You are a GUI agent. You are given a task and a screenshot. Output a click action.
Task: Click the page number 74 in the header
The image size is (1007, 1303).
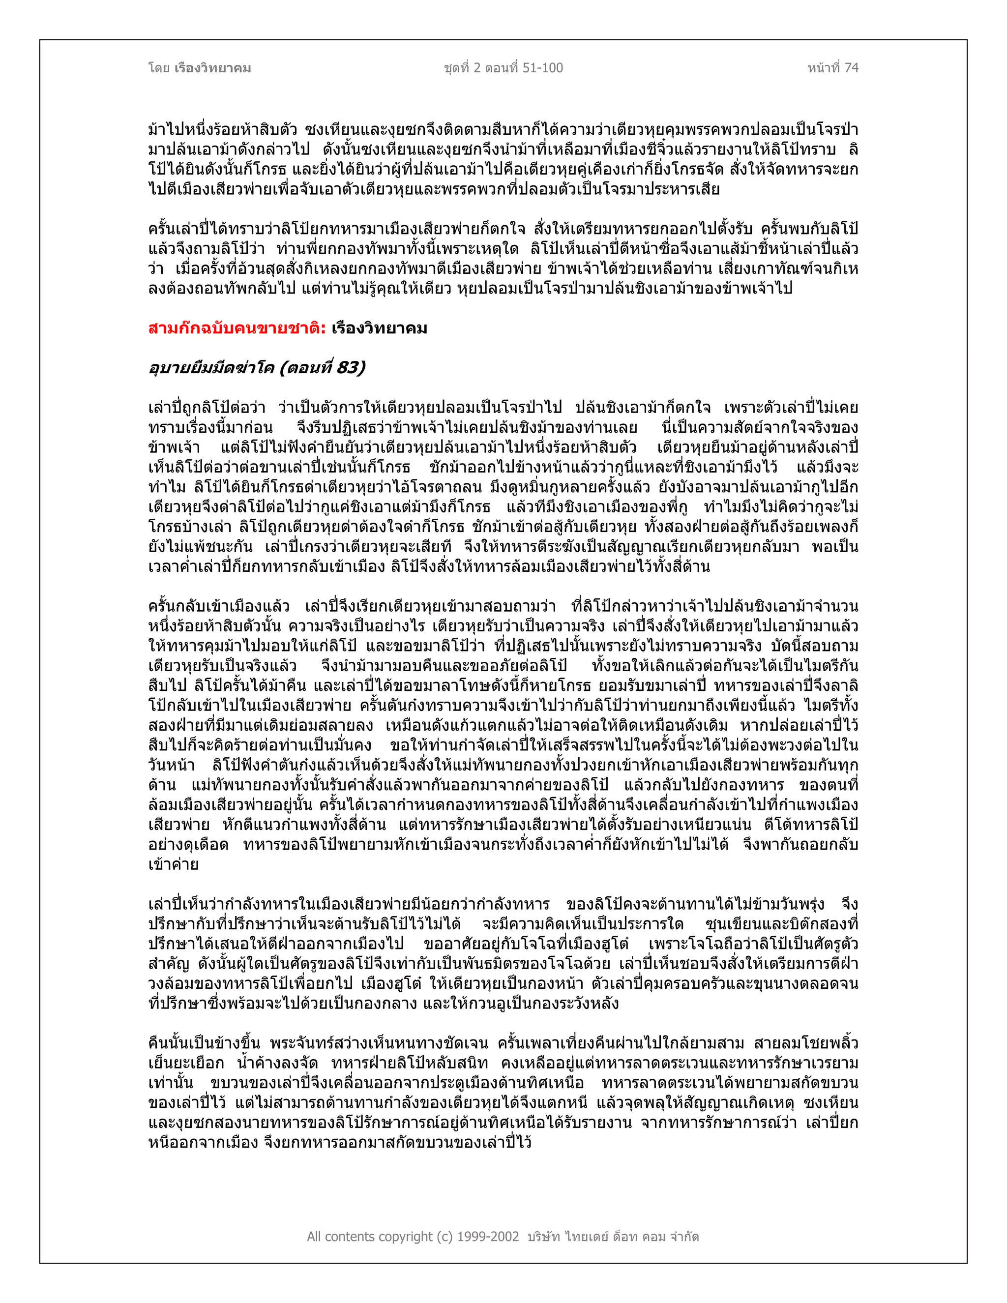851,68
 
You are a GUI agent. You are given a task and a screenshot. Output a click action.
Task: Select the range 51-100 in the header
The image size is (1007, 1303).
542,68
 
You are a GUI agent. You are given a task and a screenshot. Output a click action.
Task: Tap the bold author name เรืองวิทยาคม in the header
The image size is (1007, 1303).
213,68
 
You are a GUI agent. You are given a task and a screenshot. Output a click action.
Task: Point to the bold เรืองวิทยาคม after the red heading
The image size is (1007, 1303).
380,328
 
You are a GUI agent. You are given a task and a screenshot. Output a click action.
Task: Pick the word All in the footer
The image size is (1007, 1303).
315,1236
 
